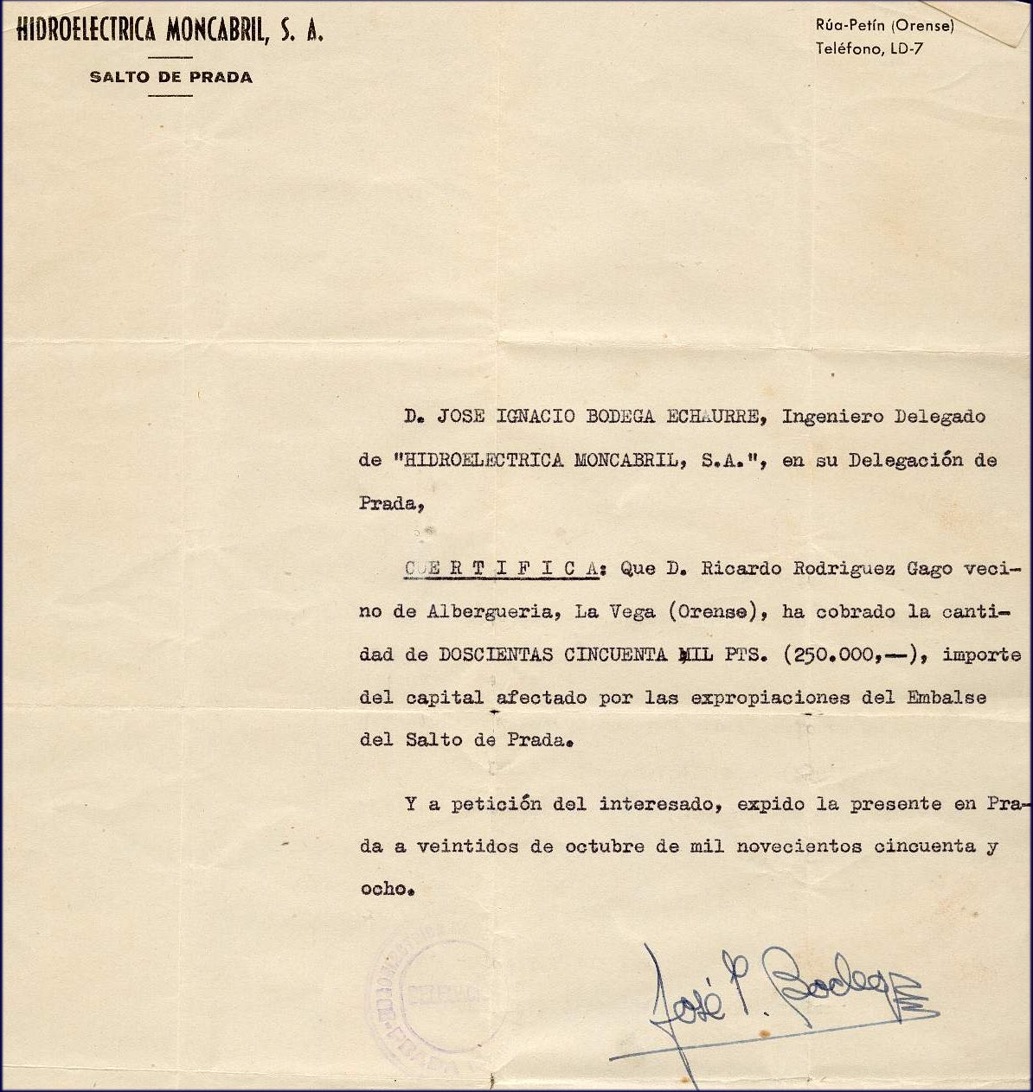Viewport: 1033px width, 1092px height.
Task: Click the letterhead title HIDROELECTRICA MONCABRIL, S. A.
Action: point(170,32)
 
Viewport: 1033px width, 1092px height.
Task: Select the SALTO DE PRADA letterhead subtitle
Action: point(170,77)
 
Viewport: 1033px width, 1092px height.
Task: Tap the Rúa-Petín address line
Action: point(884,27)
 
